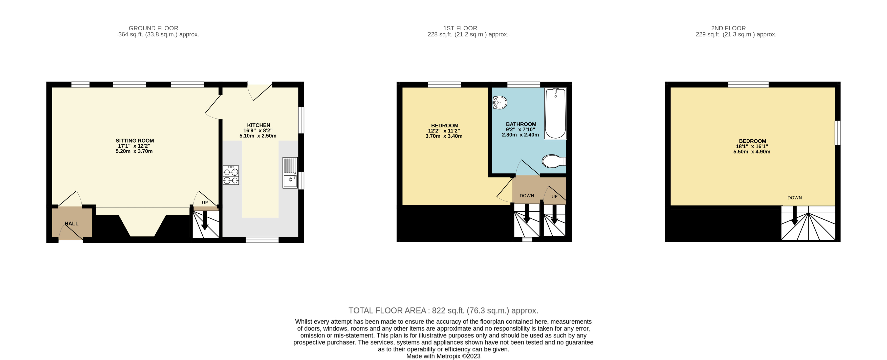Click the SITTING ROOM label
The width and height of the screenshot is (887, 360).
click(135, 140)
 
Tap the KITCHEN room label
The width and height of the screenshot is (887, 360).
click(258, 125)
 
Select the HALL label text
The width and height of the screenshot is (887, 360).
click(72, 223)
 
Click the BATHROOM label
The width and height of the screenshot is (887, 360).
click(521, 124)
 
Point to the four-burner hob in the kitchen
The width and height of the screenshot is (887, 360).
click(231, 175)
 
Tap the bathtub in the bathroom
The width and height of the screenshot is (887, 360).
click(555, 114)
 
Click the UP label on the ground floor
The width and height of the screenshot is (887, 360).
click(205, 203)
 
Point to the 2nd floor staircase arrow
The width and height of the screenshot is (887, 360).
click(795, 215)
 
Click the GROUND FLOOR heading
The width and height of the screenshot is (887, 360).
click(154, 28)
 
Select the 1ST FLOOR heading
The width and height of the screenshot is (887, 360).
click(460, 28)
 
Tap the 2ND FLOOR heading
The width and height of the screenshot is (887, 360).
click(728, 28)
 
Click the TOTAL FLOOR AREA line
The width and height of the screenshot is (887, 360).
click(443, 310)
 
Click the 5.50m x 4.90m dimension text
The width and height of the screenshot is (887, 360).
click(752, 151)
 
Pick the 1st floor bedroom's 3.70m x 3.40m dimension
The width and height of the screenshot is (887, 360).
click(444, 136)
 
